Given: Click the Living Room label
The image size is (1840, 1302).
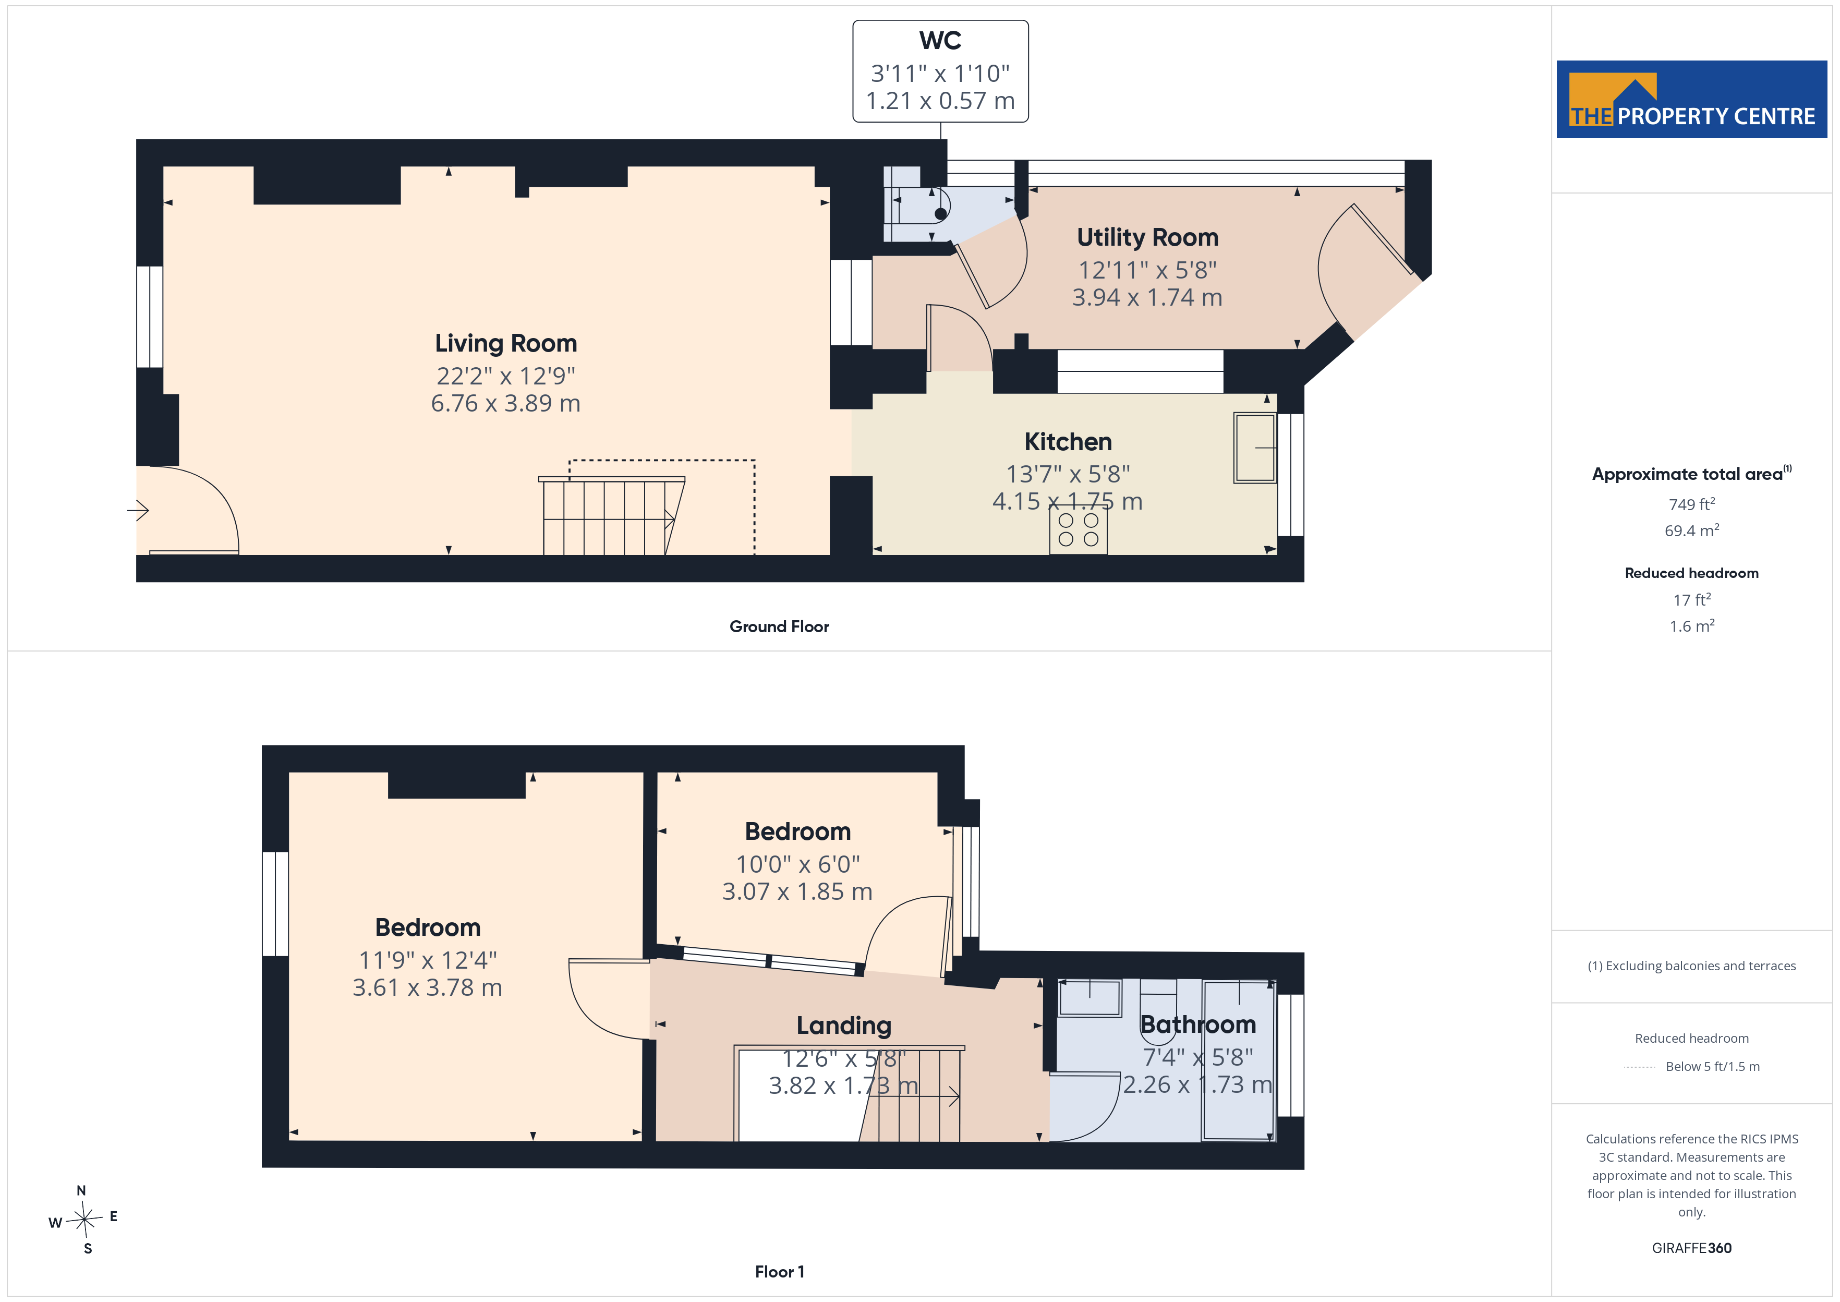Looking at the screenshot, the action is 506,343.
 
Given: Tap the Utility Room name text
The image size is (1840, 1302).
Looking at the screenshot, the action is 1147,237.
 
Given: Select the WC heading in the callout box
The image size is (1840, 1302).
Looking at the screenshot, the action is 940,40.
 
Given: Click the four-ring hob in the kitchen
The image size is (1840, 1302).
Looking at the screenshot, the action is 1079,530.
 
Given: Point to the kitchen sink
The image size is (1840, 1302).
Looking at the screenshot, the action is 1255,448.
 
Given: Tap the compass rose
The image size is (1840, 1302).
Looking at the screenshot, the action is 84,1220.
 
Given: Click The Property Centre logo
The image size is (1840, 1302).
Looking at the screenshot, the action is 1692,100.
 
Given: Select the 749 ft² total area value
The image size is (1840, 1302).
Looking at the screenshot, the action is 1692,504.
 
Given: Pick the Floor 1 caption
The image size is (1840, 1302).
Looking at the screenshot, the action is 779,1272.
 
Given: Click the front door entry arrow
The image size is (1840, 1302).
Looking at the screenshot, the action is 138,510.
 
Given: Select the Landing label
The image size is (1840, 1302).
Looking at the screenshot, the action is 844,1026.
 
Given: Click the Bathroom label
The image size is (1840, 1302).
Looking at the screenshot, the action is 1198,1024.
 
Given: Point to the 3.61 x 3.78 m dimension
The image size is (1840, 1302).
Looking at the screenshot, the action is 427,988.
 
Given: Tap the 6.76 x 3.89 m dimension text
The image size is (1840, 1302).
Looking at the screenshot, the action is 506,403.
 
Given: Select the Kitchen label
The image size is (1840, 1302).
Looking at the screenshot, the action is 1068,442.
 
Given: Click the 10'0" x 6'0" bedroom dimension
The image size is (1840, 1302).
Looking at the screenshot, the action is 797,864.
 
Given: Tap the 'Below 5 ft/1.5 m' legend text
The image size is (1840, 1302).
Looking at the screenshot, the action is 1713,1066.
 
